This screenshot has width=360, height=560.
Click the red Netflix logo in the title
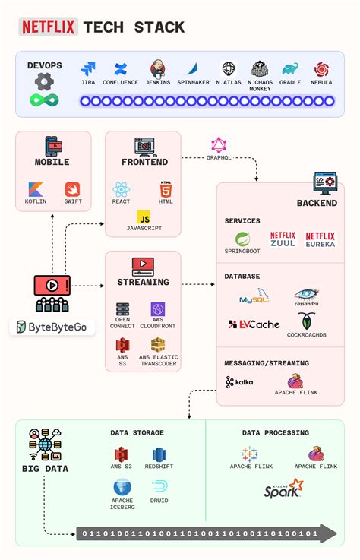(49, 27)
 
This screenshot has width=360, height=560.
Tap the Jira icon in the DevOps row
(88, 69)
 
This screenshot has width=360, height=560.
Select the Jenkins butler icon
(158, 68)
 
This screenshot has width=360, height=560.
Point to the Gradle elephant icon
(289, 69)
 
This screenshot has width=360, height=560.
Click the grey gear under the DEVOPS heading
(44, 81)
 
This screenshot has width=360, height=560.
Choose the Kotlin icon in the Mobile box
(36, 189)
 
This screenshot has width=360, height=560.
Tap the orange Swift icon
(71, 189)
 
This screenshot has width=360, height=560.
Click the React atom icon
(121, 189)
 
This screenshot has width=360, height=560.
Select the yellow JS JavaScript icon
(144, 217)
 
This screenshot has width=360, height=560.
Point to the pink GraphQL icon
(219, 144)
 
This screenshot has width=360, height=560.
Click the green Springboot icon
(242, 239)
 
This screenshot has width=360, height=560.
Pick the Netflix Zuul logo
(283, 239)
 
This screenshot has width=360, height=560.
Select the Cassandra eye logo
(307, 295)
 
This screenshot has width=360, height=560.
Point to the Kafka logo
(239, 382)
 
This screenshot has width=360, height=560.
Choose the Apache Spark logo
(283, 489)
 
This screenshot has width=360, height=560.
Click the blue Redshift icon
(159, 455)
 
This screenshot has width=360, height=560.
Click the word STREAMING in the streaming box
(143, 282)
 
